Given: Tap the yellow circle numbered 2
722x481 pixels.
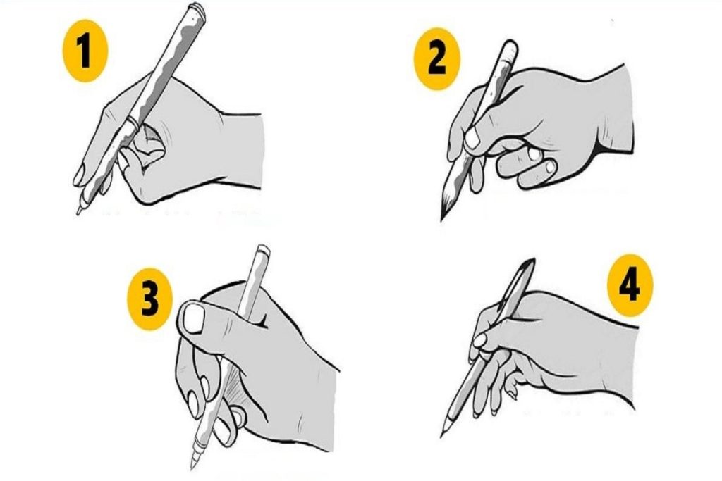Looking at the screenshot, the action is tap(437, 59).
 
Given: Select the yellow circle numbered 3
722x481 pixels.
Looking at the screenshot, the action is tap(149, 299).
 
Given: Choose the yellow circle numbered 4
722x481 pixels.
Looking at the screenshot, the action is tap(630, 285).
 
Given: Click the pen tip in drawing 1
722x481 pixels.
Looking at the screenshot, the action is tap(78, 213).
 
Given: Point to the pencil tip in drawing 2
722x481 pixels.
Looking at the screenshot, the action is tap(442, 219).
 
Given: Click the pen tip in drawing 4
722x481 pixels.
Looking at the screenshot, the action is tap(443, 435).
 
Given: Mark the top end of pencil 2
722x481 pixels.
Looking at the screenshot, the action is tap(510, 44).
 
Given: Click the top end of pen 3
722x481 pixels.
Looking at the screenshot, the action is tap(263, 249).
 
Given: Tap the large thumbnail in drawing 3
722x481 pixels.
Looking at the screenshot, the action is tap(193, 318).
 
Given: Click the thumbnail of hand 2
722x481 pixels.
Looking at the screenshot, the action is tap(472, 138).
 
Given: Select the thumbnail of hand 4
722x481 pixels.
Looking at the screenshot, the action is tap(479, 341).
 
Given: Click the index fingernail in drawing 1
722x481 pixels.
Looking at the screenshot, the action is tap(79, 175).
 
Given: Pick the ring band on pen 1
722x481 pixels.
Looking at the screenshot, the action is tap(130, 120).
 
